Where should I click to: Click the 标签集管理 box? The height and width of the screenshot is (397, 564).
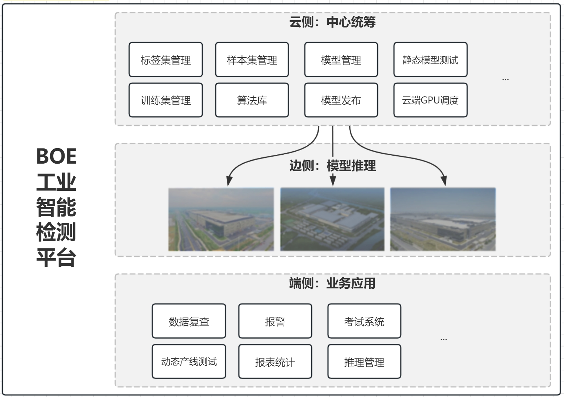[x=166, y=60]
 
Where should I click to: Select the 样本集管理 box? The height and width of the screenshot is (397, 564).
[x=252, y=60]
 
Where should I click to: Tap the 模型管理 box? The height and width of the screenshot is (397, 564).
[x=341, y=60]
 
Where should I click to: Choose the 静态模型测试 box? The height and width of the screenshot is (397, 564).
[x=430, y=60]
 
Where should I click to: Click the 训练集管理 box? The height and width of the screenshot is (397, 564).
[x=166, y=100]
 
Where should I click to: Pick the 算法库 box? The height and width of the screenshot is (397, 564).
[x=252, y=100]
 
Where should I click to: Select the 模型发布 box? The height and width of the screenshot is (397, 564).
[x=341, y=100]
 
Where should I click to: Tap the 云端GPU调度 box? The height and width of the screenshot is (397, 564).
[x=430, y=100]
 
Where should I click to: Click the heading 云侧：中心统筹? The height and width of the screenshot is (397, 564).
[x=332, y=22]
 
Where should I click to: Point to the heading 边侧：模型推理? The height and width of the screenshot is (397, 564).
[x=332, y=166]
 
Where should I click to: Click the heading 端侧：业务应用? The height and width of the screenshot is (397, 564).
[x=332, y=283]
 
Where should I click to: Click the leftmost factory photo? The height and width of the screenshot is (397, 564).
[x=221, y=219]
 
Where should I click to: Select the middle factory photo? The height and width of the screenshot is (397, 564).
[x=332, y=219]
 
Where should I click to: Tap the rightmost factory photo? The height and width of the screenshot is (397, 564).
[x=443, y=219]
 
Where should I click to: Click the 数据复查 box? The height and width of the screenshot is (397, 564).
[x=189, y=321]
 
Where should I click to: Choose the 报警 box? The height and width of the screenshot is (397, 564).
[x=275, y=321]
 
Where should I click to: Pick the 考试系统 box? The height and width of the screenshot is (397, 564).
[x=364, y=321]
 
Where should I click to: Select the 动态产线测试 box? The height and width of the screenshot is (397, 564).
[x=189, y=362]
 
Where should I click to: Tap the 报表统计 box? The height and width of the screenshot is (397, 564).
[x=275, y=362]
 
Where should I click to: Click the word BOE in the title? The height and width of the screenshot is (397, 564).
[x=56, y=156]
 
